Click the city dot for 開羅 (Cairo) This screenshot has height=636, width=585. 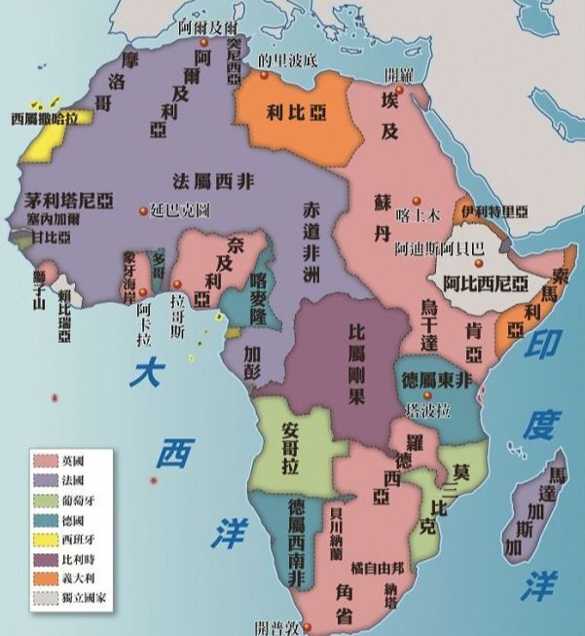pos(399,89)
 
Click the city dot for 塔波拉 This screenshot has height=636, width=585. pos(426,394)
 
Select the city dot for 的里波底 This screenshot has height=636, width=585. pos(264,70)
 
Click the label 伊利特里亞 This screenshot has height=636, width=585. pos(494,211)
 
